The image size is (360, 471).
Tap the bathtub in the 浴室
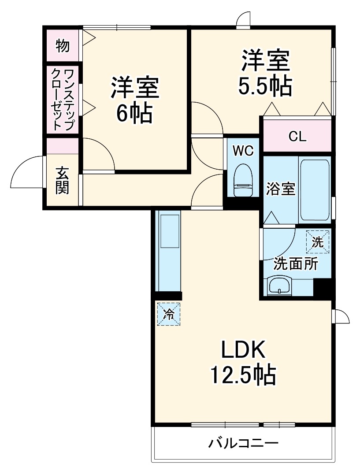pyautogui.click(x=315, y=190)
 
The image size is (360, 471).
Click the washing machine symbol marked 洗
pyautogui.click(x=318, y=242)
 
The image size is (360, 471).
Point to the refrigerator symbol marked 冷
pyautogui.click(x=169, y=314)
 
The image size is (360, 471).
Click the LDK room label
pyautogui.click(x=242, y=351)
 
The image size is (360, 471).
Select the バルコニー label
pyautogui.click(x=243, y=442)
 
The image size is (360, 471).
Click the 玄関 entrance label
pyautogui.click(x=63, y=180)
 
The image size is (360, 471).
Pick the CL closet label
pyautogui.click(x=297, y=137)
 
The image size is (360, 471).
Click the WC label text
pyautogui.click(x=243, y=151)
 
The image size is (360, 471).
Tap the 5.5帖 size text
pyautogui.click(x=265, y=87)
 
